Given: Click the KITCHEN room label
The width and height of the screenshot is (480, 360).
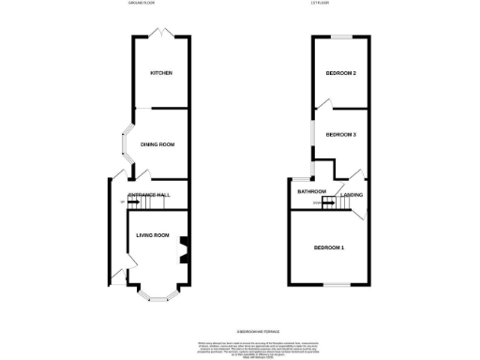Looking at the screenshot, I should click(161, 73).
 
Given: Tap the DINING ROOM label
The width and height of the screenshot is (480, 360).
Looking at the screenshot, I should click(158, 144).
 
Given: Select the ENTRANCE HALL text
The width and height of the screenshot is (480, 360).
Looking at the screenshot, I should click(149, 194).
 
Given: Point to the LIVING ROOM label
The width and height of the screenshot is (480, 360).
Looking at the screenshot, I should click(152, 234).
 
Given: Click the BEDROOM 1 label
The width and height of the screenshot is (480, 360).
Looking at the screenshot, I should click(329, 247).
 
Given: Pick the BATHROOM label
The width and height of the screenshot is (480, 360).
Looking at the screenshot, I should click(311, 192).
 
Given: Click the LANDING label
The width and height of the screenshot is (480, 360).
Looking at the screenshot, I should click(352, 194).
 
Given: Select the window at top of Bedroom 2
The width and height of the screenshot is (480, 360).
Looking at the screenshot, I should click(339, 37).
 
